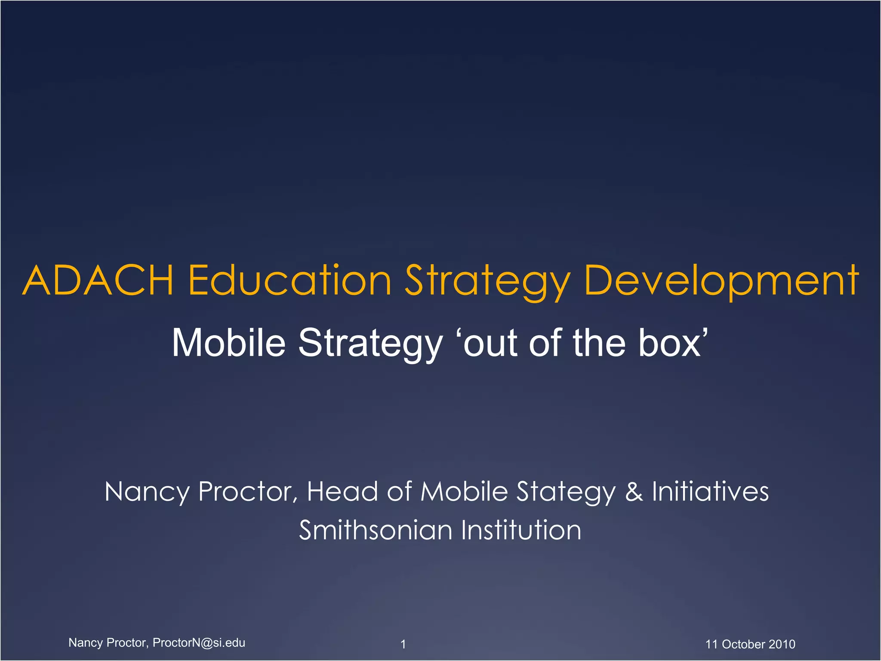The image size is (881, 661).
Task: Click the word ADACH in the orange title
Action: point(98,281)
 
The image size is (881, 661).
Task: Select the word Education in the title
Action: point(290,281)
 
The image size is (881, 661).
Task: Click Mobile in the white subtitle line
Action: point(228,343)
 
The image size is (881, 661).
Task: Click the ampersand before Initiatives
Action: point(634,492)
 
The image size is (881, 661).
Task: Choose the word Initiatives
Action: point(710,492)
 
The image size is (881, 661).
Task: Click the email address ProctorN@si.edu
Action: point(199,642)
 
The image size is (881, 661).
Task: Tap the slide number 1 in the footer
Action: point(403,644)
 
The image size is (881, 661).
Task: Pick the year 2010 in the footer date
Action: point(782,644)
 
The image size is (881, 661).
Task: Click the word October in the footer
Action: point(743,644)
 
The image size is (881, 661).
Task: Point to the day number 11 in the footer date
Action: point(712,644)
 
